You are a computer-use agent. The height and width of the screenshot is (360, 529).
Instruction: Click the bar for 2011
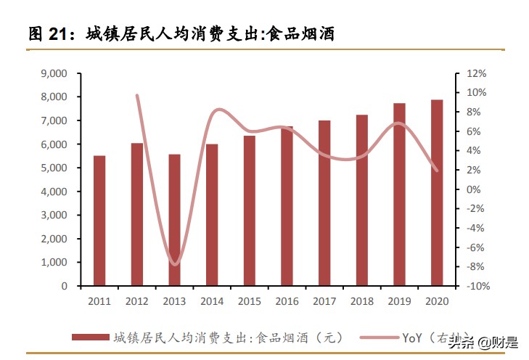[x=99, y=221]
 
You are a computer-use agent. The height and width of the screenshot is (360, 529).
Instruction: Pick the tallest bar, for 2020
[x=437, y=192]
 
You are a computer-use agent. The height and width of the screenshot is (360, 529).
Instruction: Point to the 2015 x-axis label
[x=249, y=300]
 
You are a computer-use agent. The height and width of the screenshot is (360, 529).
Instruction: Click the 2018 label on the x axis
[x=361, y=300]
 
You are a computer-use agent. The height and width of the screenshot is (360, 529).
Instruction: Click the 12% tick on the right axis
[x=476, y=73]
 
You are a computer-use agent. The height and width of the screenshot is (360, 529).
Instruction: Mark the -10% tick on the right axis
[x=476, y=286]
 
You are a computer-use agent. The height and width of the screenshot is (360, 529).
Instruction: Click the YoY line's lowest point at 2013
[x=174, y=264]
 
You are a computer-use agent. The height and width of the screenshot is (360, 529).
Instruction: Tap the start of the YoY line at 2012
[x=137, y=95]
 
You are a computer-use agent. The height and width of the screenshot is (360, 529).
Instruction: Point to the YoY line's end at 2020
[x=437, y=171]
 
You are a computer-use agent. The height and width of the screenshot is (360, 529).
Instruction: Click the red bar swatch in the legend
[x=90, y=337]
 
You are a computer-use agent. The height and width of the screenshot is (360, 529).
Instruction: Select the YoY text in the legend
[x=411, y=337]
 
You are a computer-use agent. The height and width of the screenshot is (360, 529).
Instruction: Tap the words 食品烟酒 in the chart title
[x=300, y=33]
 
